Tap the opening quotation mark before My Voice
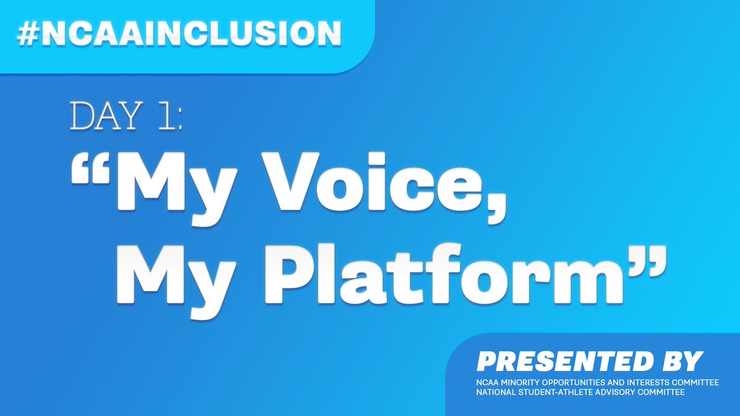point(91,170)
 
